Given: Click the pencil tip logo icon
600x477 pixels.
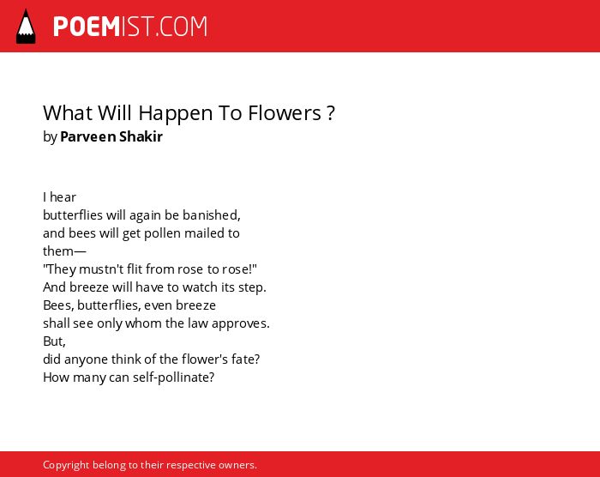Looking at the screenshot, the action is point(26,27).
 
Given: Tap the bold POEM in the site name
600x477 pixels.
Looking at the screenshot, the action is point(87,27).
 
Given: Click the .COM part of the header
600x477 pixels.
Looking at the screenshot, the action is point(181,27).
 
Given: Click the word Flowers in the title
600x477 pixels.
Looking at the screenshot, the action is point(285,113).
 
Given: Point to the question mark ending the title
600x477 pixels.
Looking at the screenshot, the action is point(332,113).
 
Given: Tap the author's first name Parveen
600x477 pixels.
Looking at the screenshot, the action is point(88,136).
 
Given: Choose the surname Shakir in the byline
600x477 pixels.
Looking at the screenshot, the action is point(141,136).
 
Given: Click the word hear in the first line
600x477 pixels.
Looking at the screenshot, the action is point(63,197).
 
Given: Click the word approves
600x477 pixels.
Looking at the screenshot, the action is point(240,324).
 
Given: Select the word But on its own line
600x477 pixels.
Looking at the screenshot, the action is point(54,341).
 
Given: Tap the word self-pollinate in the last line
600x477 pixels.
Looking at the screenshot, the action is point(173,377).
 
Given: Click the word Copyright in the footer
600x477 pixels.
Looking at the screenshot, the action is point(66,465).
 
